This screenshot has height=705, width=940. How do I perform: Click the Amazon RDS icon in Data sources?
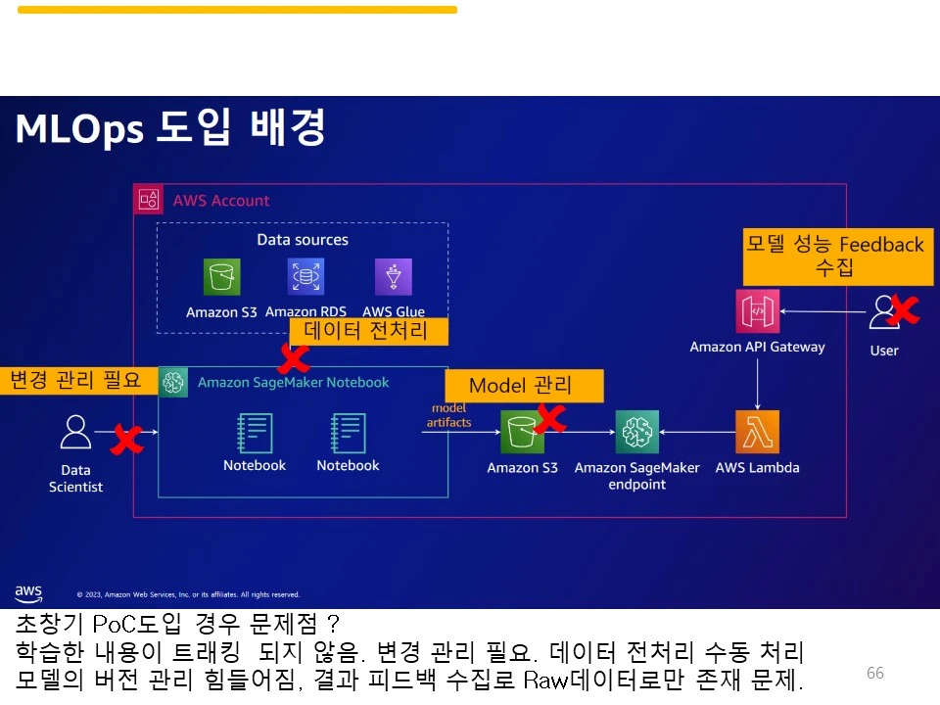[x=305, y=276]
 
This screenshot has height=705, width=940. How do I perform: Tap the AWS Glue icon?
[x=393, y=277]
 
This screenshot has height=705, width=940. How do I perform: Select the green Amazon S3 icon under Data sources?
[x=221, y=276]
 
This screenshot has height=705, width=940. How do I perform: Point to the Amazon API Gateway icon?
[x=757, y=311]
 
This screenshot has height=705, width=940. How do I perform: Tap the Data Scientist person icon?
[x=75, y=433]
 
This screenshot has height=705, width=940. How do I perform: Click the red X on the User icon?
[x=903, y=311]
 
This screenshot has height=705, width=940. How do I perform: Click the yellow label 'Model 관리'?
[x=524, y=385]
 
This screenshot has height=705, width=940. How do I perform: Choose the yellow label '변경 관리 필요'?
[x=78, y=379]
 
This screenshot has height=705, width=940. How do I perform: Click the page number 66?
[x=874, y=673]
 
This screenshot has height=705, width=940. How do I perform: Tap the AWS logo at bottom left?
[x=28, y=593]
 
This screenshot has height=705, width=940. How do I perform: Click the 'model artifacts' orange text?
[x=448, y=415]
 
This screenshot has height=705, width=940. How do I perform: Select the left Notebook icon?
[x=255, y=433]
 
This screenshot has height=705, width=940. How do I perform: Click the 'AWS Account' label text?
[x=220, y=201]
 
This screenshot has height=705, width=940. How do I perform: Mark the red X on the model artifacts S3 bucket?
[x=549, y=418]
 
